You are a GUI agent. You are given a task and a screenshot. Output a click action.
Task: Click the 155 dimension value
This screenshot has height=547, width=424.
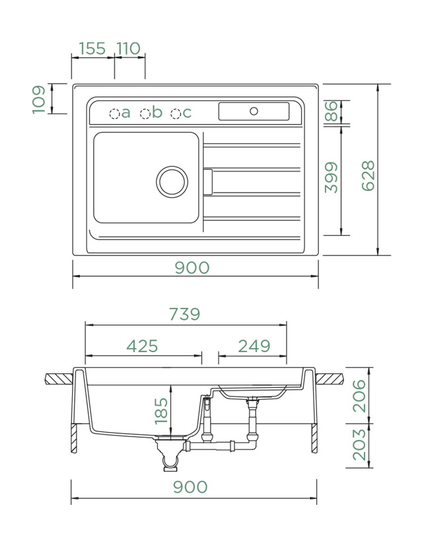click(92, 48)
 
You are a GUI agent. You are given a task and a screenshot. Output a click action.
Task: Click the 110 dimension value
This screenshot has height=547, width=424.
click(129, 48)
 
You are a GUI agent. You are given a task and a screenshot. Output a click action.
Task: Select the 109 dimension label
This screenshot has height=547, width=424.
click(40, 99)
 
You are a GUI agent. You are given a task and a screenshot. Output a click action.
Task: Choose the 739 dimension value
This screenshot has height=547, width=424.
click(184, 314)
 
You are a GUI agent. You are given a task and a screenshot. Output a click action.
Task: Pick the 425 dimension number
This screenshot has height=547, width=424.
click(142, 346)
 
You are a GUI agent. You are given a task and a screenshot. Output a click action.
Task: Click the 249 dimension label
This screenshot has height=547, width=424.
click(254, 346)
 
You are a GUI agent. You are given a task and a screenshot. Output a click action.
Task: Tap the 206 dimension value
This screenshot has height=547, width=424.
click(359, 396)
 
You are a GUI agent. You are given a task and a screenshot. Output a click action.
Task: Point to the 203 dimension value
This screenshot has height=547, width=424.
click(359, 445)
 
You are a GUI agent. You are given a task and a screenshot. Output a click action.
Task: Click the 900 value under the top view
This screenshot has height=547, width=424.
click(192, 268)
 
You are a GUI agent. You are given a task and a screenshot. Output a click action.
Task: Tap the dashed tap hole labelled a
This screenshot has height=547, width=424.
click(114, 114)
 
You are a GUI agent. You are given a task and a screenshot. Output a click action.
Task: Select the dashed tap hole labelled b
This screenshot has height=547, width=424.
click(145, 114)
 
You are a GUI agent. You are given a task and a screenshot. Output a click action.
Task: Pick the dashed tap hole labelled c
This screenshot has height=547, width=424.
click(176, 114)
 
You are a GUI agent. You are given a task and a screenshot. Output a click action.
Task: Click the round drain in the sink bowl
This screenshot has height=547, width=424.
click(172, 181)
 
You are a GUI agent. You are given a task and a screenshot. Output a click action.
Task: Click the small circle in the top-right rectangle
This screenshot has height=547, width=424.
click(254, 111)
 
